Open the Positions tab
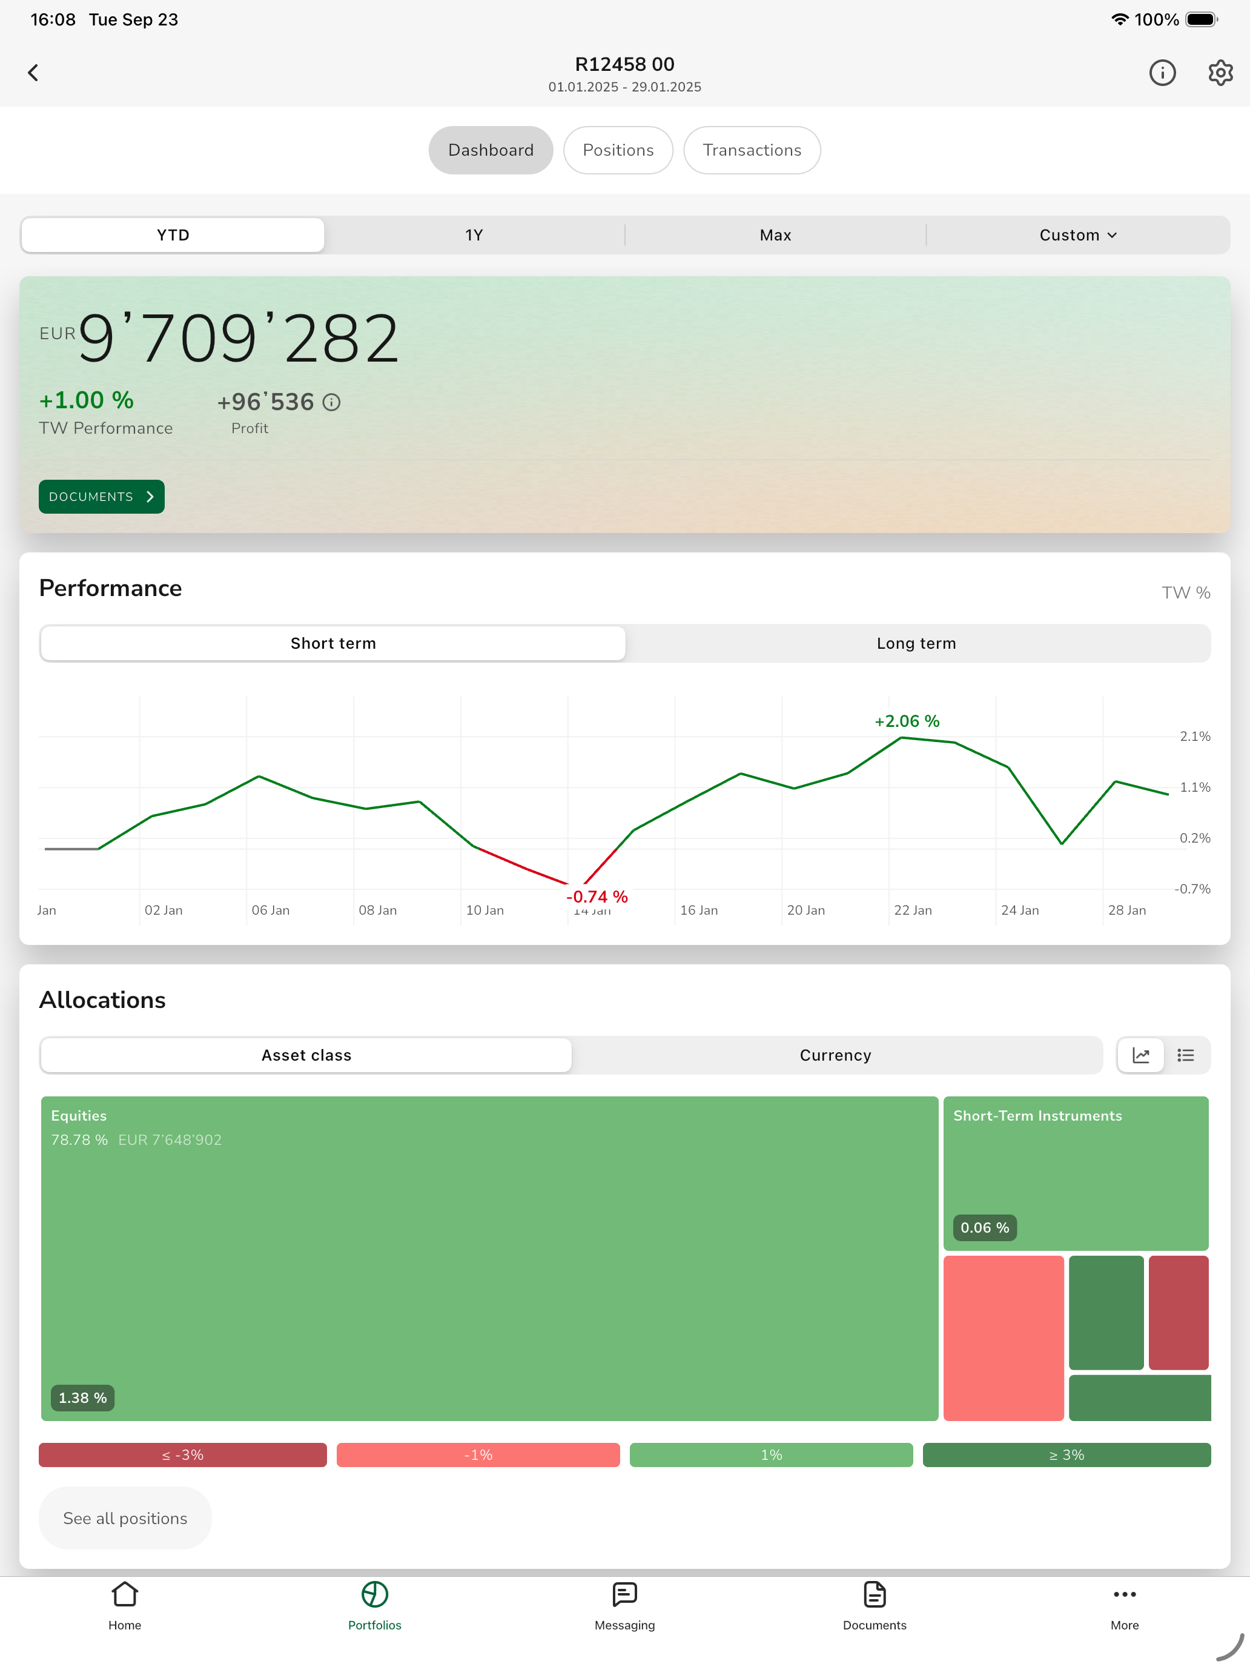tap(618, 150)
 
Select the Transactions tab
tap(752, 150)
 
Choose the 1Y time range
tap(474, 235)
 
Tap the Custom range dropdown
tap(1077, 235)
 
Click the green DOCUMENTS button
tap(102, 497)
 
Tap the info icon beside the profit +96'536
tap(331, 402)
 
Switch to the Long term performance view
tap(917, 643)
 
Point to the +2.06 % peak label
tap(907, 721)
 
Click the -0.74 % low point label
tap(597, 896)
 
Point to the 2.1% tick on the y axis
tap(1195, 737)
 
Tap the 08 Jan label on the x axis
tap(377, 910)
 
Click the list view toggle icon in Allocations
tap(1186, 1055)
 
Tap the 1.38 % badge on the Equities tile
tap(83, 1398)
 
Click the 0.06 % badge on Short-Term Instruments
tap(985, 1228)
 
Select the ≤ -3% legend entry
tap(183, 1454)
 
